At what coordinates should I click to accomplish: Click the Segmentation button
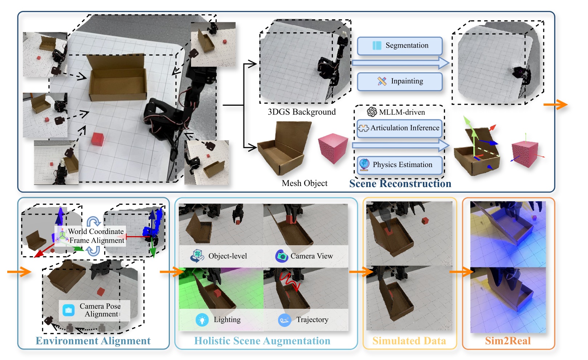pos(400,46)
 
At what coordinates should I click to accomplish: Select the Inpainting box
pos(400,81)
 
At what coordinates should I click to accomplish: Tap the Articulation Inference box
pos(400,128)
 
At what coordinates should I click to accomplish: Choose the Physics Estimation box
pos(400,165)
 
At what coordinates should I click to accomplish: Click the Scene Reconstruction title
pos(400,184)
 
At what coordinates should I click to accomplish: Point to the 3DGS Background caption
pos(302,112)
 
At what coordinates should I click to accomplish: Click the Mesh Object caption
pos(305,183)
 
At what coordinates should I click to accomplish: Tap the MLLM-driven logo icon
pos(372,112)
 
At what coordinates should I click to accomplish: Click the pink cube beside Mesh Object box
pos(333,148)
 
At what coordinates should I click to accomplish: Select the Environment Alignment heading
pos(93,341)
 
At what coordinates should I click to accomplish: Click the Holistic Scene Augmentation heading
pos(262,341)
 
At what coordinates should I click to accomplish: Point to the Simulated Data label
pos(409,341)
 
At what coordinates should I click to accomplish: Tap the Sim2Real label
pos(508,341)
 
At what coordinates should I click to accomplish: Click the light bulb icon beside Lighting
pos(202,320)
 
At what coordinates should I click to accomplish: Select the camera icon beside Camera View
pos(282,256)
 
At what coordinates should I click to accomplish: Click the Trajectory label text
pos(312,320)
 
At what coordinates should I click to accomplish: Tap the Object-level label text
pos(228,256)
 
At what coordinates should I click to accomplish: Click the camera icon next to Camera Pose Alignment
pos(69,310)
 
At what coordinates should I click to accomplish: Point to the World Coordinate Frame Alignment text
pos(96,236)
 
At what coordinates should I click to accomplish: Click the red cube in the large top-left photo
pos(98,139)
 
